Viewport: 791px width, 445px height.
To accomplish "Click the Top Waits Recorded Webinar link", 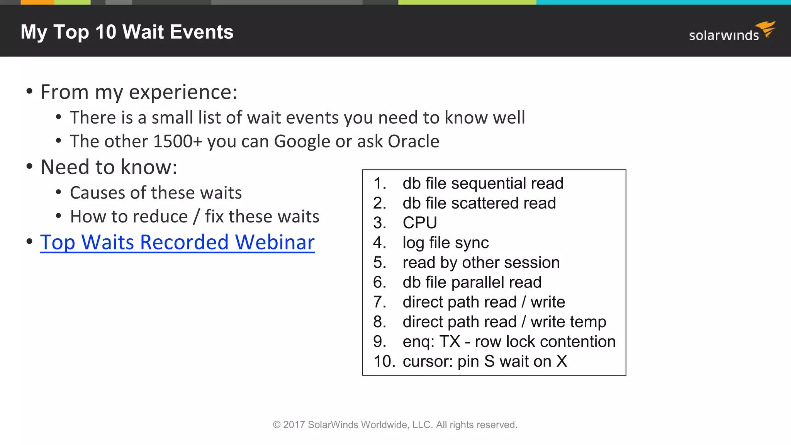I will click(x=177, y=242).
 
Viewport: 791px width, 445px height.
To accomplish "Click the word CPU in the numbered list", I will click(x=419, y=223).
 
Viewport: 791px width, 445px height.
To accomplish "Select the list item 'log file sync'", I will click(x=445, y=243).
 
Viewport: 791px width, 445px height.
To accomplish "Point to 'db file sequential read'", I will click(x=483, y=183).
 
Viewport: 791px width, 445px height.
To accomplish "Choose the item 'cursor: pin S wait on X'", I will click(x=484, y=362).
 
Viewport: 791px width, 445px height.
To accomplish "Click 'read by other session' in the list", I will click(x=481, y=263).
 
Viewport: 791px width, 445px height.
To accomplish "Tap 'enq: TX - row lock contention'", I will click(x=509, y=342).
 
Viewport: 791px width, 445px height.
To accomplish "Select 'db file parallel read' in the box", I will click(x=472, y=282).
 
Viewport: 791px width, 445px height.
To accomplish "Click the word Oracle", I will click(x=413, y=141).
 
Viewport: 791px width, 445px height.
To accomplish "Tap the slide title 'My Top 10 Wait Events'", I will click(x=127, y=32).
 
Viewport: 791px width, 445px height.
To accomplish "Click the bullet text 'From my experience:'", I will click(x=139, y=92).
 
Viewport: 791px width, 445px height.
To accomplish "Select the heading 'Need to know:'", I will click(x=109, y=167).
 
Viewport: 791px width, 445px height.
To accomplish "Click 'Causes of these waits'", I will click(x=156, y=193).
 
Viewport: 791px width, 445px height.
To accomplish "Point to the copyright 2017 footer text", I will click(x=395, y=425).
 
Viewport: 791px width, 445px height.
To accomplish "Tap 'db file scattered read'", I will click(x=479, y=203).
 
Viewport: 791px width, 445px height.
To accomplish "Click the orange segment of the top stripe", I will click(x=37, y=2).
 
